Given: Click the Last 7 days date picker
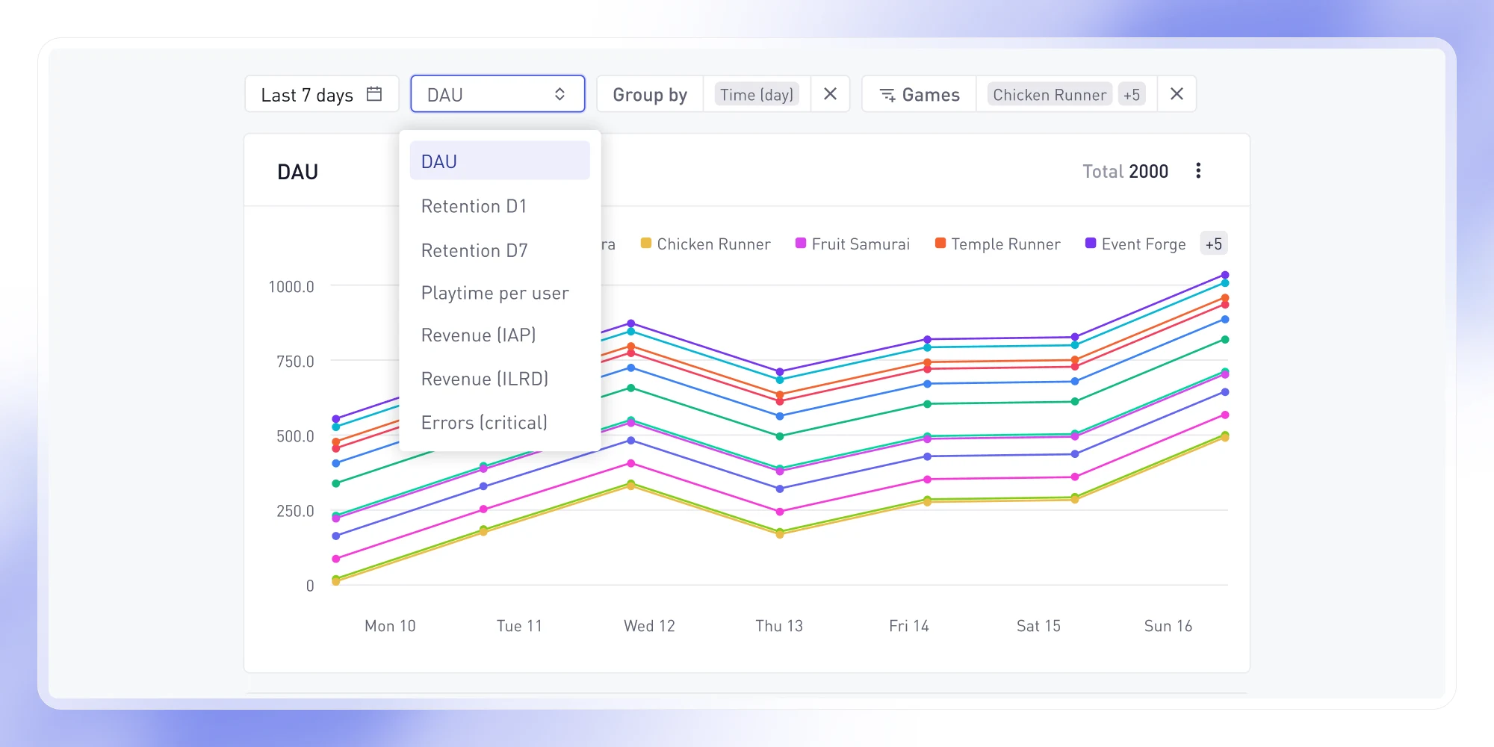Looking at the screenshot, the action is pos(322,94).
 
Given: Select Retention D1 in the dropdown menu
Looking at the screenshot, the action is pos(474,206).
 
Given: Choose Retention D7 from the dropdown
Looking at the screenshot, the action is pos(474,250).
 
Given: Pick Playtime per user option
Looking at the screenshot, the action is pos(495,293).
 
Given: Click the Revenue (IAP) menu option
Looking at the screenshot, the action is pos(478,335).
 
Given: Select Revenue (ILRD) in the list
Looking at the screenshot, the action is pos(484,379).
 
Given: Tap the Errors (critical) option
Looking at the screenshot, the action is pos(484,423).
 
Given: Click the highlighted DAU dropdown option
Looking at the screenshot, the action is pos(500,161).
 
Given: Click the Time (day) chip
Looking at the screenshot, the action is pos(757,94).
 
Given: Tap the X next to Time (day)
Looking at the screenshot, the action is pos(830,94).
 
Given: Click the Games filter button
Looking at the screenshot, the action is pos(920,94).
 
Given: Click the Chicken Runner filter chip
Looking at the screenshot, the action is pos(1050,94).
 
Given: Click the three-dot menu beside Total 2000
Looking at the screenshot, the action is pos(1198,171).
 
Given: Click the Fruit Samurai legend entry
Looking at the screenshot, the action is pos(853,244).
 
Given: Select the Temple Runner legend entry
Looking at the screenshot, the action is pos(998,244).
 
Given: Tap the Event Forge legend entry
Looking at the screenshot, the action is pos(1135,244).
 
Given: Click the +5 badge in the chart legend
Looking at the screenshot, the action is pos(1214,244).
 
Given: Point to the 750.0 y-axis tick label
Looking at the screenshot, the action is pos(295,362).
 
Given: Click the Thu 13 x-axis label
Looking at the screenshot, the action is pos(779,626).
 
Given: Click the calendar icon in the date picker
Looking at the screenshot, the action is pos(374,94).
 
